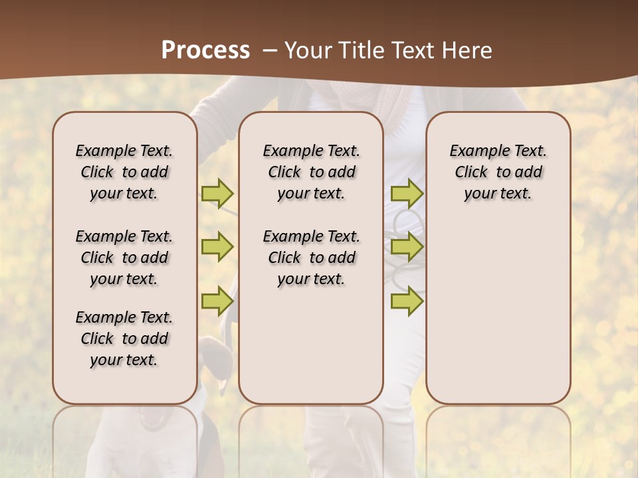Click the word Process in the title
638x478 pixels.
tap(205, 50)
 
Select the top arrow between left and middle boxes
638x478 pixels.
tap(217, 193)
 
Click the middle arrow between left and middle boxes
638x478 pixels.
tap(217, 247)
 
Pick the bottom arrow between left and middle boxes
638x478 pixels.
tap(217, 301)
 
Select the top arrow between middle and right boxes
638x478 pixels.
tap(407, 193)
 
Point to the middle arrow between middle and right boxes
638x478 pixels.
tap(407, 247)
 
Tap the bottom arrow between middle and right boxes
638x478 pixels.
tap(407, 301)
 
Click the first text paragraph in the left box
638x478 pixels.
tap(124, 172)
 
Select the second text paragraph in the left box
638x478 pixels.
tap(124, 258)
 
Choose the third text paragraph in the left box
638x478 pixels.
tap(124, 339)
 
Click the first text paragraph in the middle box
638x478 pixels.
tap(311, 172)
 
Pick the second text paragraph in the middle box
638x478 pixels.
tap(311, 258)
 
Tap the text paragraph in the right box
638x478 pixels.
tap(498, 172)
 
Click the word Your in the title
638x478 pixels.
tap(308, 50)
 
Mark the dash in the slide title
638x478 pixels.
tap(270, 50)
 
